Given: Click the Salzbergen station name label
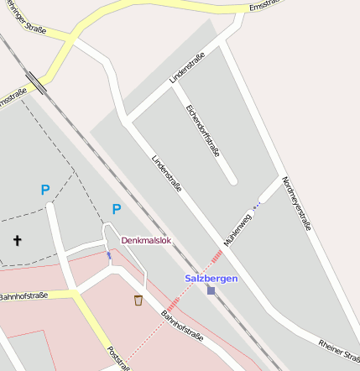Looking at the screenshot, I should pos(211,278).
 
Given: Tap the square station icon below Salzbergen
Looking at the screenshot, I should pos(211,290).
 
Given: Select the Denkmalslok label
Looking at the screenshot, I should pos(146,240).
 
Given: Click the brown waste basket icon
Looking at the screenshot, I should pos(138,300).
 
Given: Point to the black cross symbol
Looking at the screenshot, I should pos(17,241).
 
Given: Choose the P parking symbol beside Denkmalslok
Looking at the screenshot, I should pos(116,209).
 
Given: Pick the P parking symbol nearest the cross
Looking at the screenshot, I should pos(44,191).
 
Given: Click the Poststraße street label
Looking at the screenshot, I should pos(118,358).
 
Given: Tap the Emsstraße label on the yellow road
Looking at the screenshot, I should pos(265,7).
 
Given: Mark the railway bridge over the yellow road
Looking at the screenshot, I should pos(37,84).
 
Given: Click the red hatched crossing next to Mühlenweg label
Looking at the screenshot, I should pos(217,256).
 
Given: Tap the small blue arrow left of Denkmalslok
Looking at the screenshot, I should pos(108,254).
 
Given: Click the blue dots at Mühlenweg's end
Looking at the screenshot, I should pos(258,203).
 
